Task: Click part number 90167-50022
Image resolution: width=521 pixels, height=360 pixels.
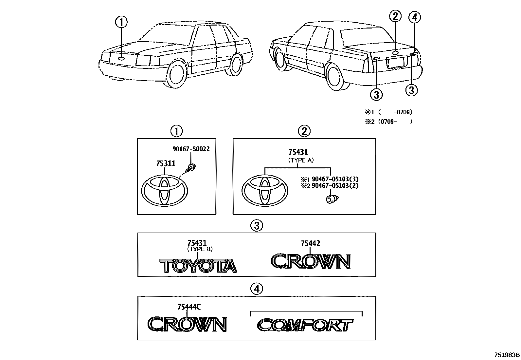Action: tap(191, 149)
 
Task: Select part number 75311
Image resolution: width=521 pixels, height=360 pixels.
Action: tap(166, 163)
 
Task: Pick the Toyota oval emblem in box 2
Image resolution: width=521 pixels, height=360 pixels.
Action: tap(265, 192)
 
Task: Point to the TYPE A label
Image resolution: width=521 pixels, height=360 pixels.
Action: tap(301, 160)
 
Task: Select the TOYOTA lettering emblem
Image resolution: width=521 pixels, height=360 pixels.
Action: tap(198, 266)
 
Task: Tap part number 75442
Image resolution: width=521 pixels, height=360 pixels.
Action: tap(310, 243)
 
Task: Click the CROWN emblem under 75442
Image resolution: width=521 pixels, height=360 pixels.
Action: tap(311, 261)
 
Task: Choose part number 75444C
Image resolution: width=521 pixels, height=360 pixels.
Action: tap(189, 307)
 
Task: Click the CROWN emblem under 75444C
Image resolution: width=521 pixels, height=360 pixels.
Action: tap(187, 324)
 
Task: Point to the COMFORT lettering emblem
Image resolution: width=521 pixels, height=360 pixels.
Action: tap(305, 325)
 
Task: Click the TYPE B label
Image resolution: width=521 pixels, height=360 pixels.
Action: tap(200, 249)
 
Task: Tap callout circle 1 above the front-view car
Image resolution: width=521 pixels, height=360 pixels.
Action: tap(121, 22)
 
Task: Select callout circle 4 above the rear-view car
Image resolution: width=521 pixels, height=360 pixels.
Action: tap(414, 17)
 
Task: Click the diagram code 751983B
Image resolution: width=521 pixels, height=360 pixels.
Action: tap(507, 355)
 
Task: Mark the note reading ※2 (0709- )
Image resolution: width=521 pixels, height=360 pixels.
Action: tap(388, 122)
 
